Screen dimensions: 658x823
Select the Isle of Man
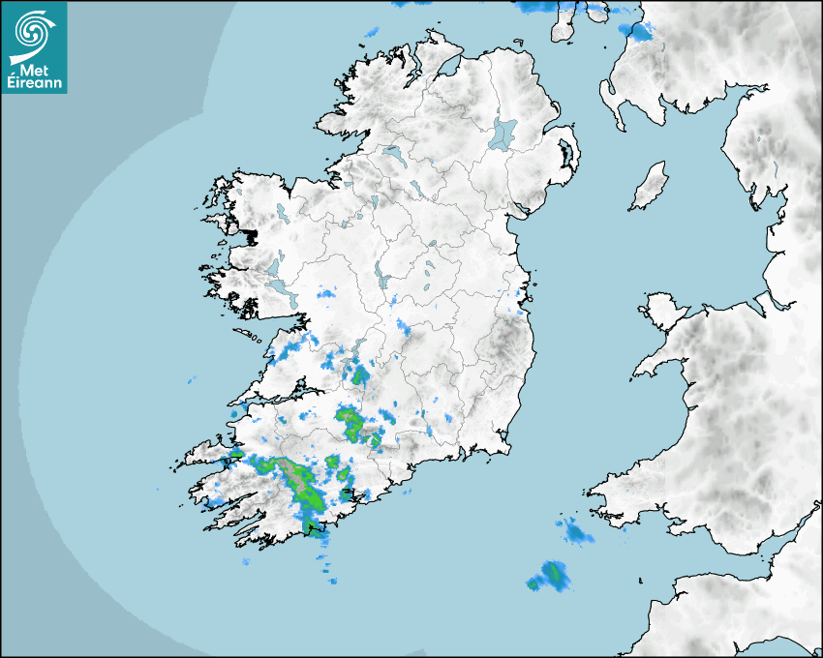click(x=650, y=186)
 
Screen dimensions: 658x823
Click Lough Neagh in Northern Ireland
click(x=503, y=133)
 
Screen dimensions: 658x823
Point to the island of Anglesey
click(x=664, y=308)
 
